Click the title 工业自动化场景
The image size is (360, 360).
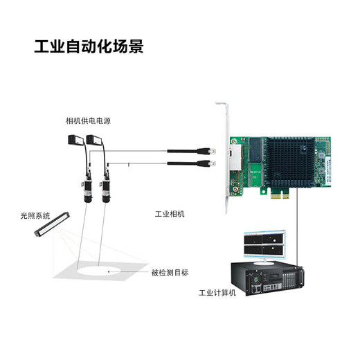[x=89, y=47]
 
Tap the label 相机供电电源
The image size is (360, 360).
[x=88, y=121]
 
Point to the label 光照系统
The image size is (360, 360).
[x=35, y=216]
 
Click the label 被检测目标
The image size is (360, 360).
[x=170, y=272]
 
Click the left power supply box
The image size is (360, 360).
[x=75, y=140]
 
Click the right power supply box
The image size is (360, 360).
[x=95, y=140]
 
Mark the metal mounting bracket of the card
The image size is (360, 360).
[x=226, y=159]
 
